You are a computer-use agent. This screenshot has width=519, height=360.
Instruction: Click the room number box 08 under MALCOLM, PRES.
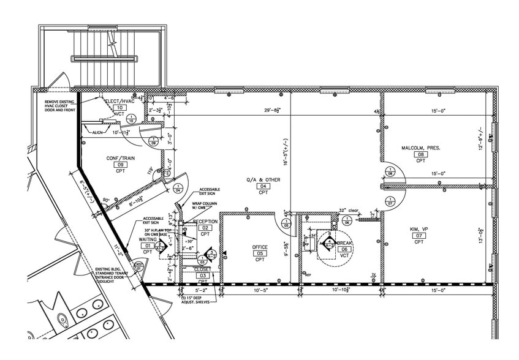(421, 155)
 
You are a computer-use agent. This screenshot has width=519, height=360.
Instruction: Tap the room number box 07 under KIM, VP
(419, 236)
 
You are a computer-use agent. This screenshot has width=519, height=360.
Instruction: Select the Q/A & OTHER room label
(263, 179)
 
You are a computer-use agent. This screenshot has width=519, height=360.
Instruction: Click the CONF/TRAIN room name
(120, 158)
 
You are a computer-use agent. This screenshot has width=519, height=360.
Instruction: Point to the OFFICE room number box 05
(260, 253)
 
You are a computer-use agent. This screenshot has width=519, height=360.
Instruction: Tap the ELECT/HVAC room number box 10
(119, 108)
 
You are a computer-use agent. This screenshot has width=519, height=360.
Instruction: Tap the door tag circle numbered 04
(178, 188)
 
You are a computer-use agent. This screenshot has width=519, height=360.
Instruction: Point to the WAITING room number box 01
(148, 246)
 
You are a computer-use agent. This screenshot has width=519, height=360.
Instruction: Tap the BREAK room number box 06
(344, 249)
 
